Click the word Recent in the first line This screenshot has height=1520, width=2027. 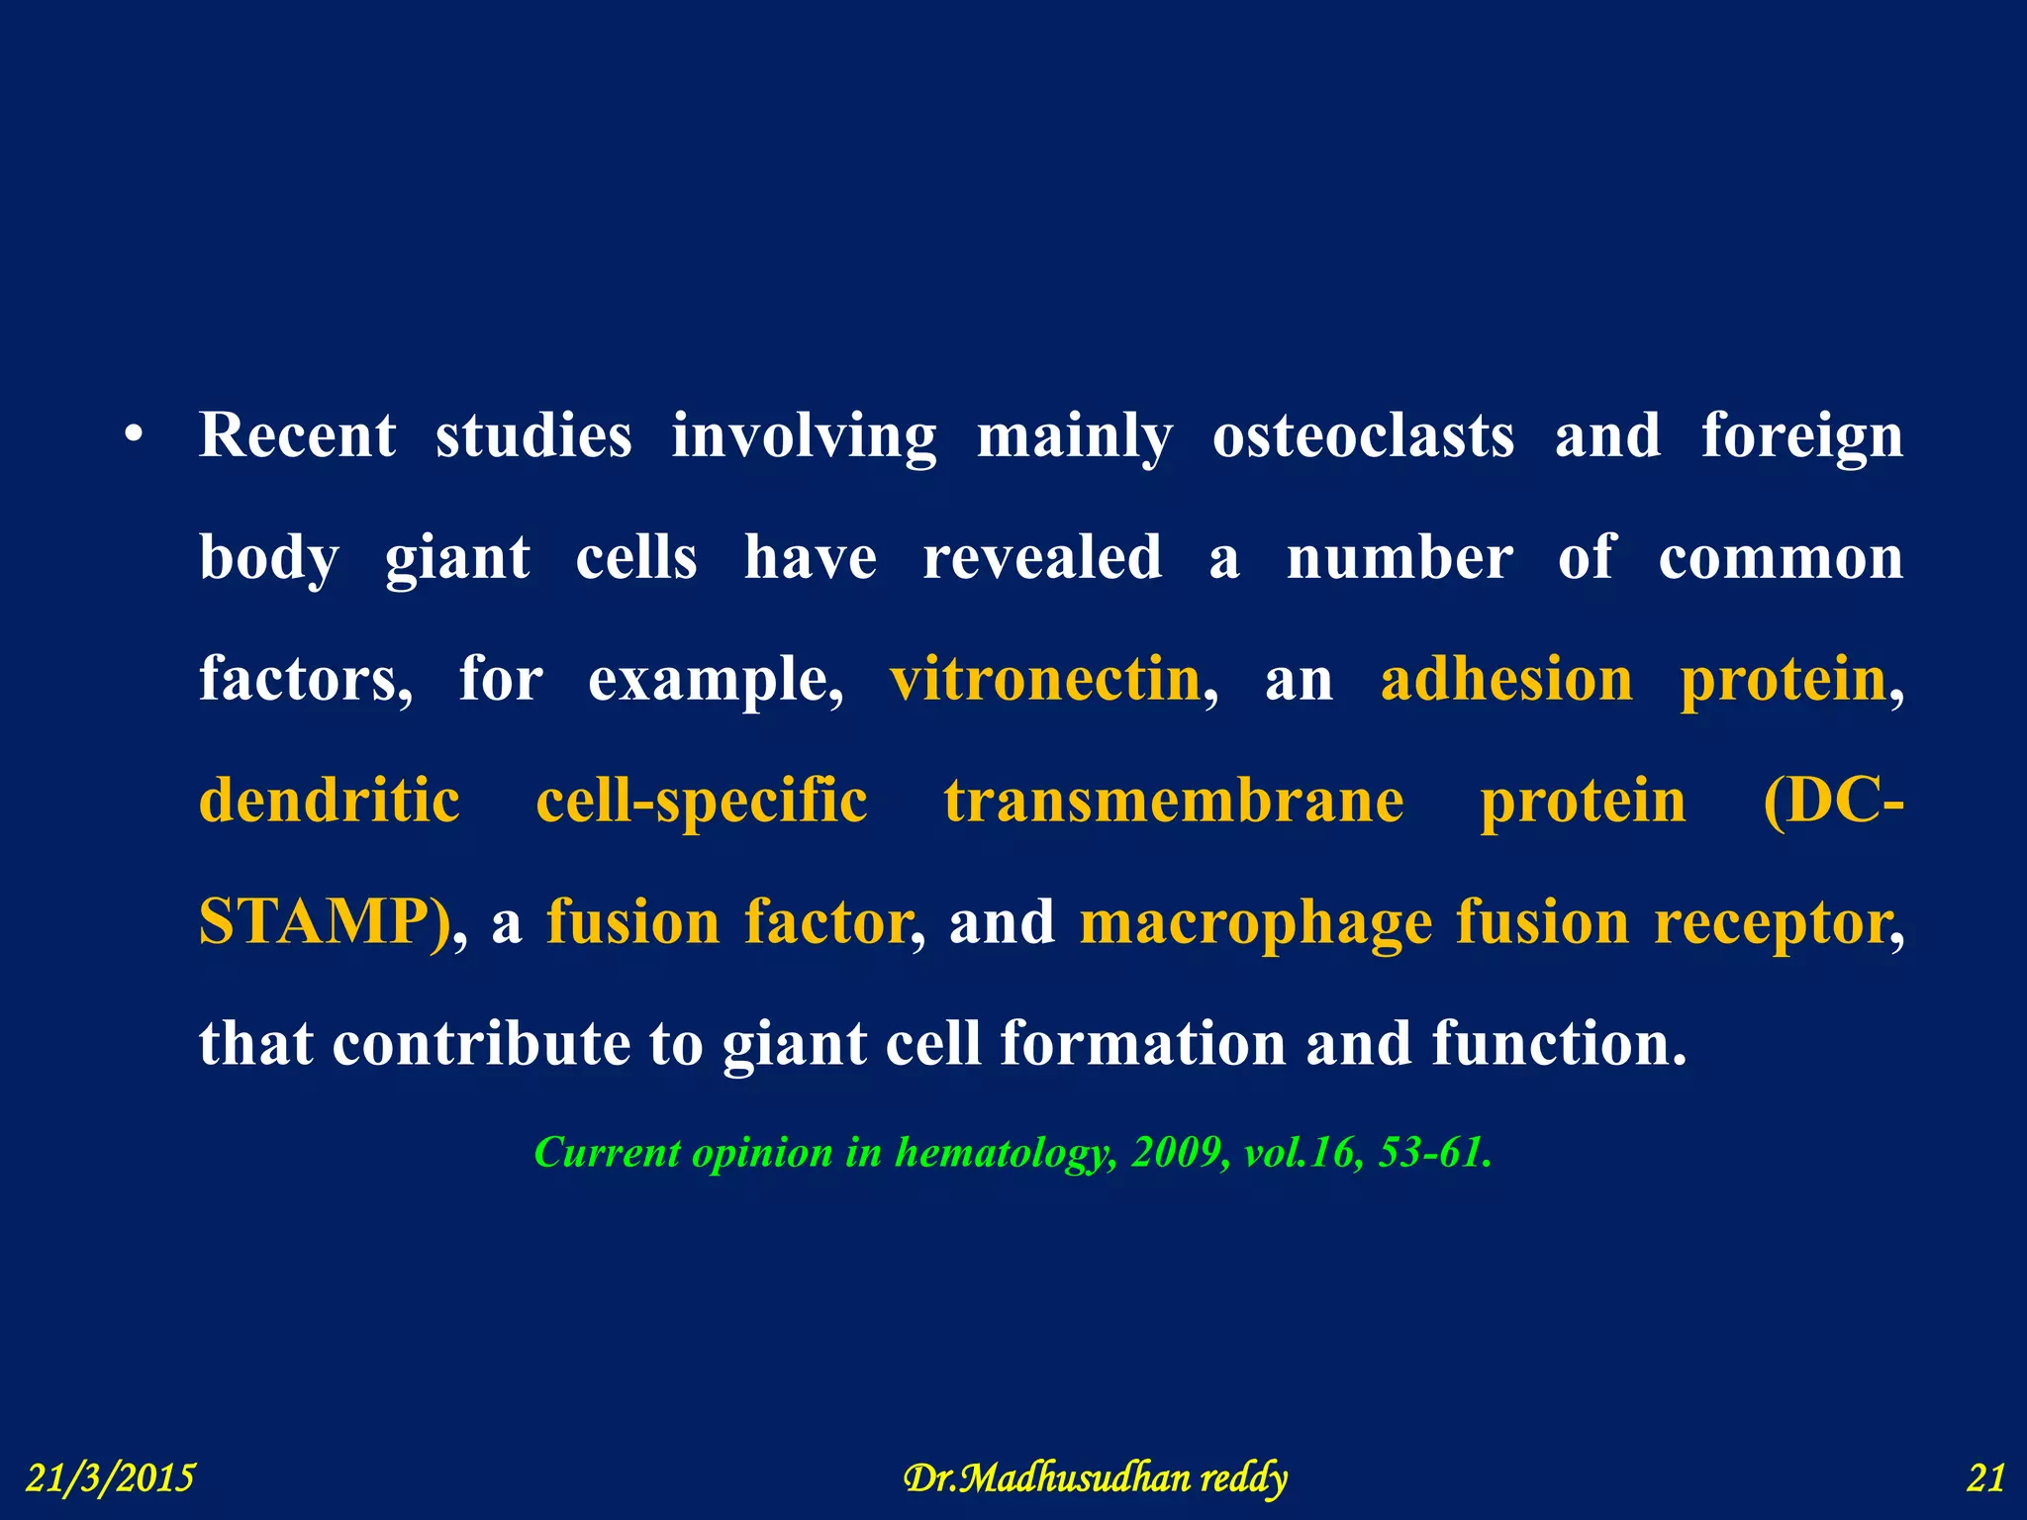point(297,435)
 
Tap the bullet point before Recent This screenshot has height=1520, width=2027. point(135,435)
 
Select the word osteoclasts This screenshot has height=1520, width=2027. point(1363,435)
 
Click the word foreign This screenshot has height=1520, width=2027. point(1801,437)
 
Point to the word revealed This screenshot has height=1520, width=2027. point(1042,557)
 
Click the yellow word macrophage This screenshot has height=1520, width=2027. point(1255,923)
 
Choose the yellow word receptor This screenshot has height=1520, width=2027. point(1772,923)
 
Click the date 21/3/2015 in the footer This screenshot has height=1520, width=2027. point(110,1478)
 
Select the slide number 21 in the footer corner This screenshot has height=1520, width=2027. point(1984,1478)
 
